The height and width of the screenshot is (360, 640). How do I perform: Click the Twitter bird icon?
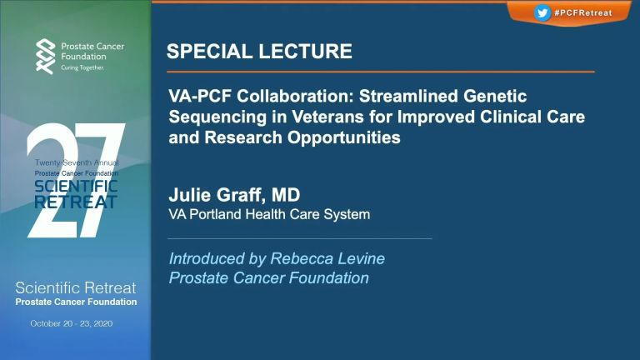pyautogui.click(x=542, y=12)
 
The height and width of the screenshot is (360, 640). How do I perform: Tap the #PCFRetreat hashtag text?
pyautogui.click(x=583, y=13)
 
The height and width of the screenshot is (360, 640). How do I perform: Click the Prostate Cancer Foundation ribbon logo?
pyautogui.click(x=45, y=57)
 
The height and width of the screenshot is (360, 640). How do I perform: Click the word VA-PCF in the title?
pyautogui.click(x=200, y=97)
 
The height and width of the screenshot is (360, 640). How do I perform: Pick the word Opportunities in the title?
pyautogui.click(x=344, y=138)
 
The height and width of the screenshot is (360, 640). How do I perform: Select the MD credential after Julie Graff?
pyautogui.click(x=286, y=195)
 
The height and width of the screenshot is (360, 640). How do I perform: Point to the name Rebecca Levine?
pyautogui.click(x=327, y=258)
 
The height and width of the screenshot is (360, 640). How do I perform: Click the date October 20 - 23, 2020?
pyautogui.click(x=72, y=323)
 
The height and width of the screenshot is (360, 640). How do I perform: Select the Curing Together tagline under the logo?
pyautogui.click(x=82, y=67)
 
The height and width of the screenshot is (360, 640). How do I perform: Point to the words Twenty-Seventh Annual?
pyautogui.click(x=77, y=162)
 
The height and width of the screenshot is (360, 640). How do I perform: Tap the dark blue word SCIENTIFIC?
pyautogui.click(x=76, y=187)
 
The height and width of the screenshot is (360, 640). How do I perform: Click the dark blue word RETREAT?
pyautogui.click(x=76, y=202)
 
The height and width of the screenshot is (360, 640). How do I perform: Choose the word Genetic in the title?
pyautogui.click(x=495, y=97)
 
